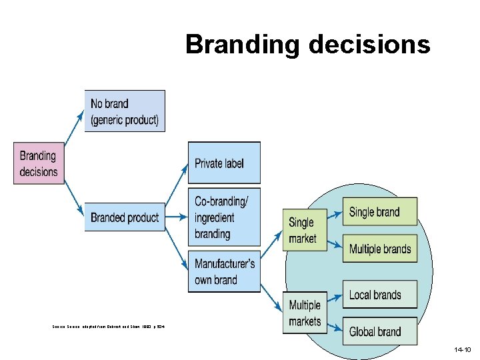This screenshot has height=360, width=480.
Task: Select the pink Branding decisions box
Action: tap(39, 164)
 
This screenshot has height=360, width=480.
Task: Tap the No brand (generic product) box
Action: tap(125, 111)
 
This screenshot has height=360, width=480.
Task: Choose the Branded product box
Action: tap(125, 217)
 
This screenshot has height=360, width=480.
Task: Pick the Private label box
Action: tap(224, 163)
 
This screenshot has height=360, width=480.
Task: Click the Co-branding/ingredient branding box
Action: tap(224, 217)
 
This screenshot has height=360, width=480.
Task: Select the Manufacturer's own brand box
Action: tap(224, 271)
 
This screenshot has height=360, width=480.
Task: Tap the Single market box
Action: tap(305, 230)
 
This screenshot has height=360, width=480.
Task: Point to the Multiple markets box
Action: tap(305, 313)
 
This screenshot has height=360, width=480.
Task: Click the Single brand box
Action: tap(379, 212)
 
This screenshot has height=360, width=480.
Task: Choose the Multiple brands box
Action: tap(379, 249)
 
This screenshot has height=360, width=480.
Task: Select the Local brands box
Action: tap(379, 295)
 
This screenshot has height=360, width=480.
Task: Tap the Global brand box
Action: tap(379, 331)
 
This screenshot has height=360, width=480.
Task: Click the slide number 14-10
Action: tap(462, 349)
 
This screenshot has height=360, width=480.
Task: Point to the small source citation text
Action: tap(107, 326)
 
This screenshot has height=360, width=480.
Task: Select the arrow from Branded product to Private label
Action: tap(177, 187)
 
